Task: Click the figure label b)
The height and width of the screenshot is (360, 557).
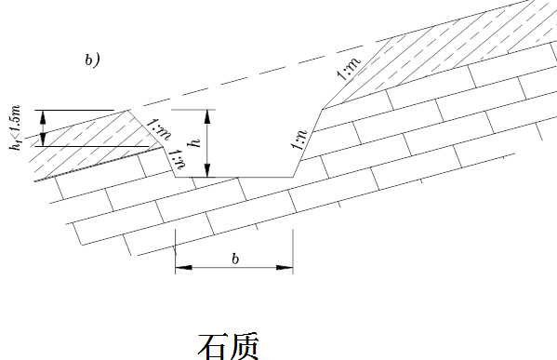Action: (92, 61)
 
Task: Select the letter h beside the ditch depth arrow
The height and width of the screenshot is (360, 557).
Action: (194, 142)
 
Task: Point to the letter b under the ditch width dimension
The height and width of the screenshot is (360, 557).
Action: (236, 258)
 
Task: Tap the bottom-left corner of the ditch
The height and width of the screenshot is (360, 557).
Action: (177, 176)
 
